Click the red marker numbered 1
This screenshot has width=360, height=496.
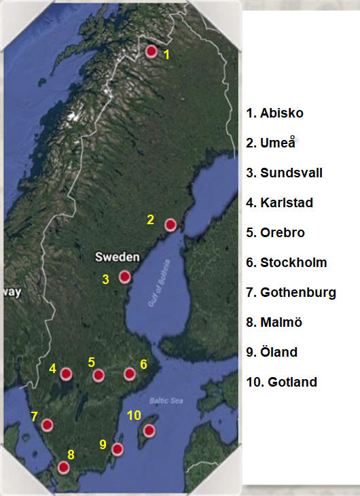[151, 51]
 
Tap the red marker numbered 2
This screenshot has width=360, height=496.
[170, 224]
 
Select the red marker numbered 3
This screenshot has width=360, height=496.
[124, 277]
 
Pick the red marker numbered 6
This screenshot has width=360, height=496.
[129, 374]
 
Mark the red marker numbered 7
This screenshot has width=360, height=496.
[47, 425]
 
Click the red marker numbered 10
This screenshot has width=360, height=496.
[149, 431]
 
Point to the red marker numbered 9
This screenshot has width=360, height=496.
[117, 449]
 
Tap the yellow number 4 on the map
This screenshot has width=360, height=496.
[52, 369]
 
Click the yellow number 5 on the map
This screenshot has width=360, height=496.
[91, 362]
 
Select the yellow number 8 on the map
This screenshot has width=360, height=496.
[70, 455]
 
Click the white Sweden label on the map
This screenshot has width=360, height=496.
[117, 257]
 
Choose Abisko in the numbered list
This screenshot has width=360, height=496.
[275, 113]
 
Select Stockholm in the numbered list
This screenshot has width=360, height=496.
[287, 262]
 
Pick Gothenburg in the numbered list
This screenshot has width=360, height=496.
[291, 292]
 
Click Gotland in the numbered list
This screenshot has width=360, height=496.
[282, 382]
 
